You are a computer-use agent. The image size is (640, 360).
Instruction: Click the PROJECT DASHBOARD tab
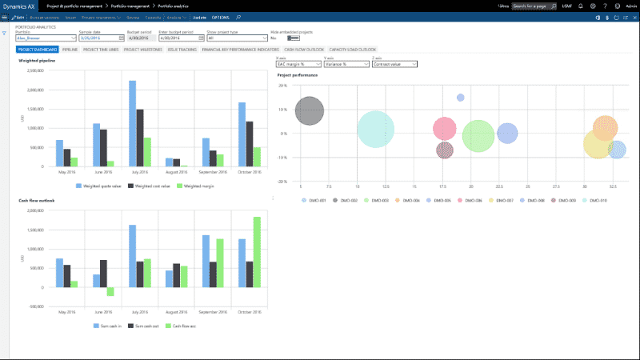[37, 50]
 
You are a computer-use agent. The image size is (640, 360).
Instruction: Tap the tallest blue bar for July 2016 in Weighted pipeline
[132, 120]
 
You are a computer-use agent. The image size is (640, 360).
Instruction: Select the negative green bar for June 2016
[110, 291]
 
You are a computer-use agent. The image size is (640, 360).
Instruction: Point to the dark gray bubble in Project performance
[310, 110]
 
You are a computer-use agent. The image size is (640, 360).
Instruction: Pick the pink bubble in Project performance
[445, 129]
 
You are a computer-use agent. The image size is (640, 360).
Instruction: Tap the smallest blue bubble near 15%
[461, 98]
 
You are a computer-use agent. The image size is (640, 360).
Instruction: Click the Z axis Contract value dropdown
[391, 63]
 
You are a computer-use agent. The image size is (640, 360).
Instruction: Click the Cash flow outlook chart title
[36, 200]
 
